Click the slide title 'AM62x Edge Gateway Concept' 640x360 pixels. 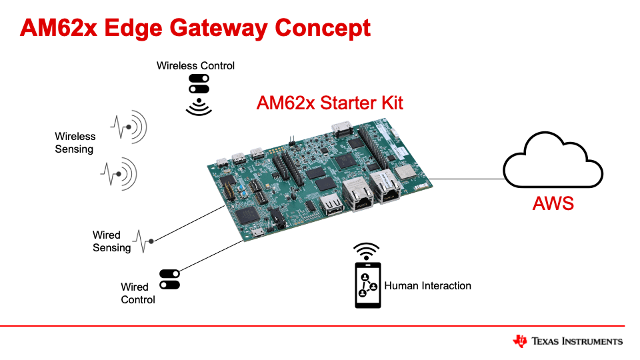pos(195,28)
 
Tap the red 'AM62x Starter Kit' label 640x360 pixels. pos(329,103)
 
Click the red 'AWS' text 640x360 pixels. pos(553,203)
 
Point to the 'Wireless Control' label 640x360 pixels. pos(195,65)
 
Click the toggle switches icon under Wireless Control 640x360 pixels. pos(199,84)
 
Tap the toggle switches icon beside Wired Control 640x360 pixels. pos(169,279)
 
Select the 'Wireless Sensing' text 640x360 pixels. pos(75,143)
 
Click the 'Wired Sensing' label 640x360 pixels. pos(111,241)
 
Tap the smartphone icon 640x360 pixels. pos(367,285)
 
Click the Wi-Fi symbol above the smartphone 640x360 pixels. pos(366,251)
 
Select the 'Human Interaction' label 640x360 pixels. pos(427,285)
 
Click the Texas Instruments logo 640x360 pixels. pos(567,341)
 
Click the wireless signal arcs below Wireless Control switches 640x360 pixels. pos(199,107)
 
